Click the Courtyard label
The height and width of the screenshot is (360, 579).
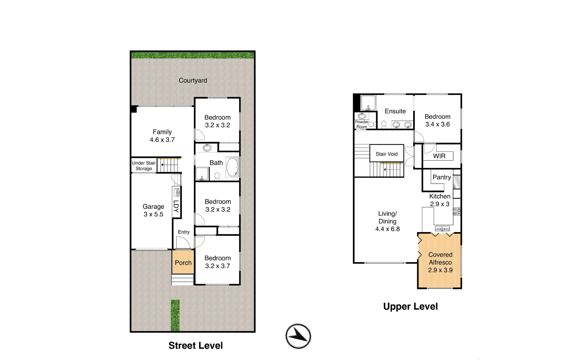193,80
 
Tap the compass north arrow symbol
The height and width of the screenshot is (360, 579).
298,336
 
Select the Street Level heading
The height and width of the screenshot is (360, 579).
196,346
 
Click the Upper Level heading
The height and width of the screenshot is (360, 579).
410,307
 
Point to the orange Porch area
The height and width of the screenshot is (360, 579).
183,263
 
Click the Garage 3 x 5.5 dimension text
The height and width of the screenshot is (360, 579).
153,214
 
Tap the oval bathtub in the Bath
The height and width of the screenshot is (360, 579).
232,167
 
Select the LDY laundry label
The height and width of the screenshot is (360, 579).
176,206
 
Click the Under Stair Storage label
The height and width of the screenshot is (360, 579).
144,166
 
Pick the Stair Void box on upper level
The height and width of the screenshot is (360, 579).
387,154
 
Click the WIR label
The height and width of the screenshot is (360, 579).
439,156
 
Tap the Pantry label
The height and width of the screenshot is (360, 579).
441,177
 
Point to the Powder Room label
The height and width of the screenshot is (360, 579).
361,124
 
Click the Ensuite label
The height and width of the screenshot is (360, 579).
395,111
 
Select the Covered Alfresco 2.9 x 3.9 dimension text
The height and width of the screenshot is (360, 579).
440,270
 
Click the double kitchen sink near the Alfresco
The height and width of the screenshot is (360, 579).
442,229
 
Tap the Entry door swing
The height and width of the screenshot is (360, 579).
183,243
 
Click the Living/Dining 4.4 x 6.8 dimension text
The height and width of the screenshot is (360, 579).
387,229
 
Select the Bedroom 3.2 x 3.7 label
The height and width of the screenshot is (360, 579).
218,262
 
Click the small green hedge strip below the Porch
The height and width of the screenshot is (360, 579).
175,315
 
